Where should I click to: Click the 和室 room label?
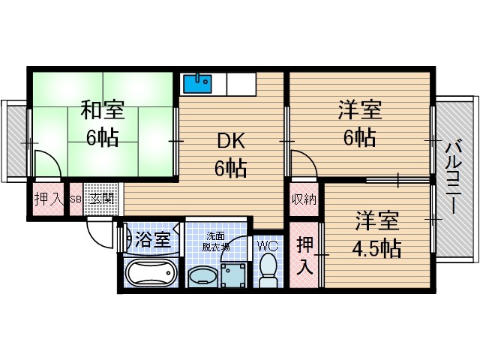tap(102, 112)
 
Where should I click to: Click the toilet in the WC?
tap(268, 269)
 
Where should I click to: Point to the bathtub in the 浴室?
tap(150, 273)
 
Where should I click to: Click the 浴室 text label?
tap(154, 241)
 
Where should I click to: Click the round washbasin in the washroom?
tap(201, 277)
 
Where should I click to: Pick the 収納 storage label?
tap(304, 199)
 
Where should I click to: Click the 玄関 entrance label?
tap(101, 199)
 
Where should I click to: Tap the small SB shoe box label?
tap(75, 199)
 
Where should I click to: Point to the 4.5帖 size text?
tap(378, 248)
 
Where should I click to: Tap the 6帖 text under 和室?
tap(101, 139)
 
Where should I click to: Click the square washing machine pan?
tap(233, 274)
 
